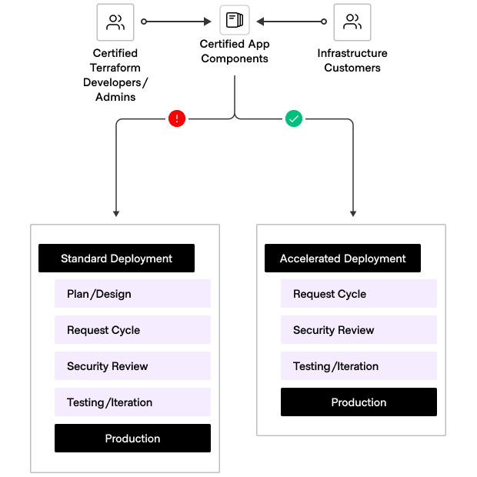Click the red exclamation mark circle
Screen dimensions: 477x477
[x=177, y=118]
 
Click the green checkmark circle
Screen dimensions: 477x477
[x=294, y=118]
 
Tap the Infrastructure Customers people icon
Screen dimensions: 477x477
[x=352, y=22]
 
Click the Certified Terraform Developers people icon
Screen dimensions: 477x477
[x=115, y=22]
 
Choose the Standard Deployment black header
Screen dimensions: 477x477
[x=116, y=259]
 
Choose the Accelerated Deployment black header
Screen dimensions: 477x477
[x=342, y=259]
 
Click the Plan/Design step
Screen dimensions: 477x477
[x=132, y=294]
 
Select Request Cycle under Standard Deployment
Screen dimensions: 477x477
[x=132, y=330]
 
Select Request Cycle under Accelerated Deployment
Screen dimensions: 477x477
[x=359, y=294]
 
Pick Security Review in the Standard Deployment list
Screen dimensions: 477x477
[x=132, y=366]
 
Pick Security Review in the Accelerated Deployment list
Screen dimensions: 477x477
[x=359, y=330]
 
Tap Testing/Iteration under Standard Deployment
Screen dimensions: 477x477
[x=132, y=402]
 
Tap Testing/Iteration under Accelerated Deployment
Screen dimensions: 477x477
[x=359, y=366]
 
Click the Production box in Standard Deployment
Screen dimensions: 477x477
[x=132, y=439]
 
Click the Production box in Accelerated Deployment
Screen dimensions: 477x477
[x=359, y=402]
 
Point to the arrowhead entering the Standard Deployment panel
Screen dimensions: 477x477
[x=116, y=212]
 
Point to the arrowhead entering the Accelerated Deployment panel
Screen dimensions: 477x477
[x=354, y=212]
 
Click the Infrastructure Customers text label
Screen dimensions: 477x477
[x=352, y=61]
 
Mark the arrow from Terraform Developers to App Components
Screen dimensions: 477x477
[x=177, y=22]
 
